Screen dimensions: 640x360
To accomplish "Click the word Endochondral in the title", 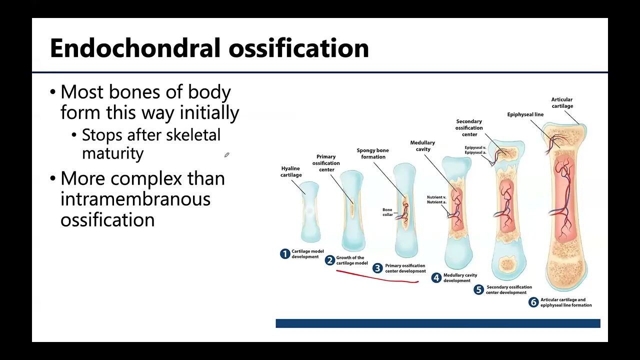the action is [x=135, y=48].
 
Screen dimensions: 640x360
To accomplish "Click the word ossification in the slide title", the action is [x=298, y=48].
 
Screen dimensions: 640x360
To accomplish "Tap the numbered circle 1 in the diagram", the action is [x=285, y=254].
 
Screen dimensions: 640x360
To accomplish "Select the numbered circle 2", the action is [x=329, y=260].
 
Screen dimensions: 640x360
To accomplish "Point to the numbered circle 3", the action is [x=378, y=268].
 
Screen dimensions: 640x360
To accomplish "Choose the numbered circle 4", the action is [x=436, y=278].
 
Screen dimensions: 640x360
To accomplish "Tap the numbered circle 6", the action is [x=533, y=302].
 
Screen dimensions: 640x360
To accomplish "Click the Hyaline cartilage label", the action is [x=291, y=171].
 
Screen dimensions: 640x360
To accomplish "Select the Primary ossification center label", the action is [x=326, y=163].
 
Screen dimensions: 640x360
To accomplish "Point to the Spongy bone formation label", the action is [x=372, y=153].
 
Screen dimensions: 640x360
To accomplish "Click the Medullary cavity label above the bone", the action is [x=422, y=145].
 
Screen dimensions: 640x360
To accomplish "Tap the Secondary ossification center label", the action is [x=469, y=127].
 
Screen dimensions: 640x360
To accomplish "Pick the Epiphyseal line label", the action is [x=525, y=114].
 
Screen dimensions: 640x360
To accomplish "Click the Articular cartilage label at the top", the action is [x=562, y=102].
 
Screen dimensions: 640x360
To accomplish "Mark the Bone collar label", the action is [x=387, y=212].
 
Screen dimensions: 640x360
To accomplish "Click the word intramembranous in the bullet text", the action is [x=135, y=199].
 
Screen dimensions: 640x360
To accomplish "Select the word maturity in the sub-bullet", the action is [x=112, y=153].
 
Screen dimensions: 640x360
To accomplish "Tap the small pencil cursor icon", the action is [x=226, y=155].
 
